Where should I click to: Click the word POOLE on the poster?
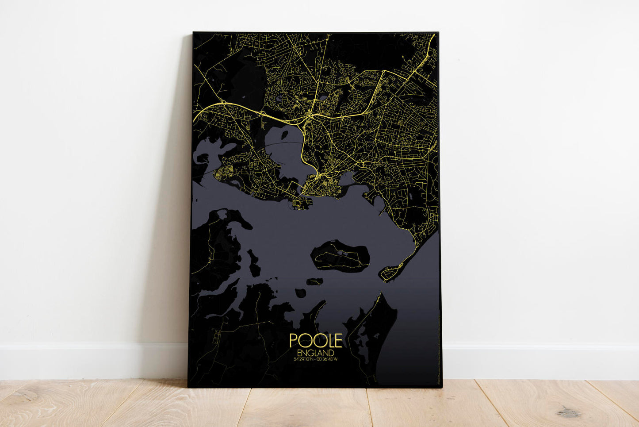tap(316, 340)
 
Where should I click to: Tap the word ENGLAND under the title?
tap(316, 353)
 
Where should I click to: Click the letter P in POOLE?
tap(294, 340)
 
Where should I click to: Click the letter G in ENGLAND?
tap(313, 353)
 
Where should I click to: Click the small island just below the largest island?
tap(315, 281)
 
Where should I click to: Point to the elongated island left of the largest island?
tap(254, 263)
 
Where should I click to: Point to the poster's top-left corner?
tap(193, 33)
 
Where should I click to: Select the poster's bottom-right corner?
tap(441, 387)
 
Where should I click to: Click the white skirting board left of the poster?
tap(88, 361)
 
